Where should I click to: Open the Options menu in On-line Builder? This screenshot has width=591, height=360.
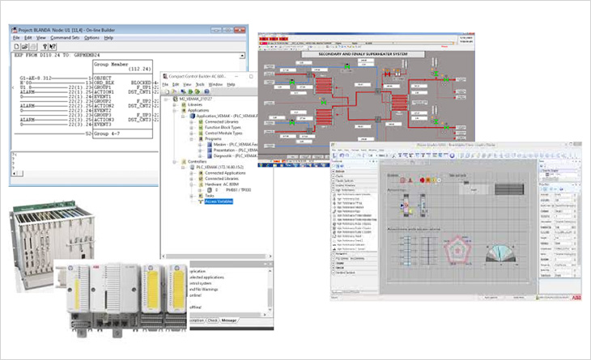[x=91, y=37]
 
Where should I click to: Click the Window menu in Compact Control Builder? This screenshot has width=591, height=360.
[x=215, y=84]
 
